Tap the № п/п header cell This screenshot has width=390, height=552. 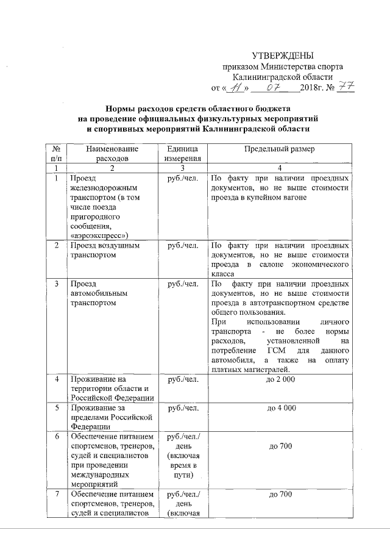click(56, 154)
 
